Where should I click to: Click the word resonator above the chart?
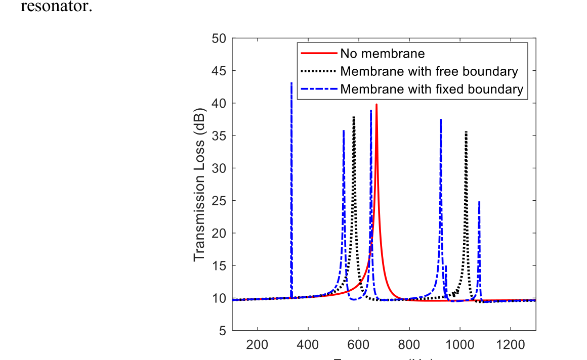point(56,8)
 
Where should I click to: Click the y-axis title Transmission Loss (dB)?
point(199,184)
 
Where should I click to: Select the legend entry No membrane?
point(382,53)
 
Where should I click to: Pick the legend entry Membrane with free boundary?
point(429,71)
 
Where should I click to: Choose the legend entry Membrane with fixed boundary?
point(432,89)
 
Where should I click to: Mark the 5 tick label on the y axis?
point(223,331)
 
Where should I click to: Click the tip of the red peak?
point(376,105)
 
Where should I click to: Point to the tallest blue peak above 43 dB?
point(291,83)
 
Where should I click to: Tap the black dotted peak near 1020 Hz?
point(466,132)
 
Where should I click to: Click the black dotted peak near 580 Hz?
point(354,117)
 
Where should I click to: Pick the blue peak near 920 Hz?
point(441,120)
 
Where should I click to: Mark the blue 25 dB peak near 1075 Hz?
point(479,202)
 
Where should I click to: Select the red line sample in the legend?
point(319,53)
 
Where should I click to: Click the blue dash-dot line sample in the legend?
point(319,89)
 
